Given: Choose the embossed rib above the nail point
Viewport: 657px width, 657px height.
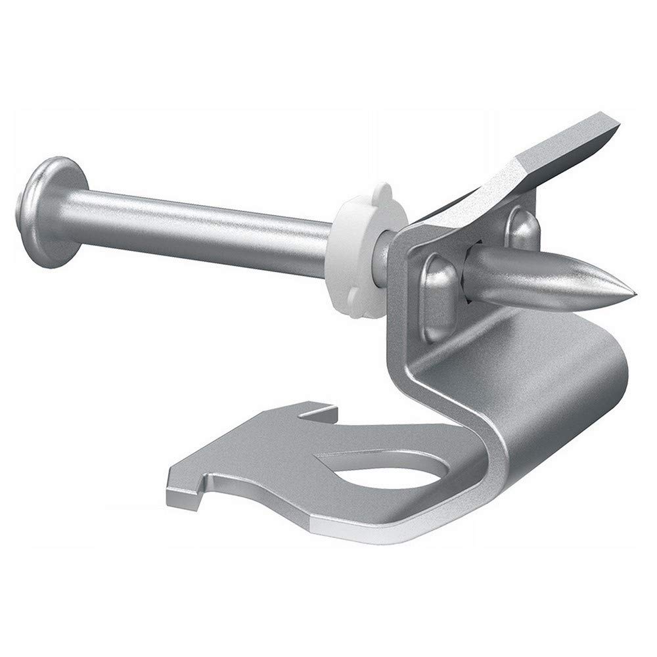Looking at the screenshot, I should (x=522, y=227).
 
